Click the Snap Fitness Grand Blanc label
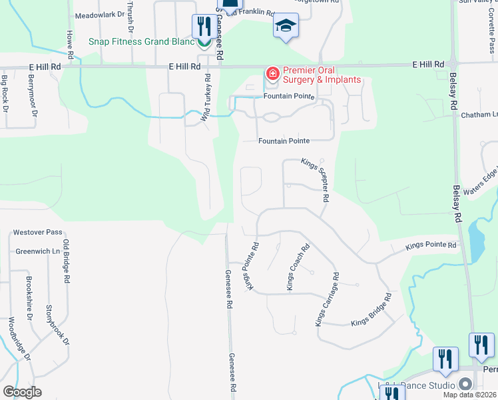pos(142,41)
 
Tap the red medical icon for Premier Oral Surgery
pos(272,73)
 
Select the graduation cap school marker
pos(286,27)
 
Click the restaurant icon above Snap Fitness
pos(203,27)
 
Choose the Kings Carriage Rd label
pos(327,299)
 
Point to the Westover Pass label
pos(37,233)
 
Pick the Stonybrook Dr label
pos(57,325)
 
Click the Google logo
pos(23,392)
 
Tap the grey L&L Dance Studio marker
pos(465,385)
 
